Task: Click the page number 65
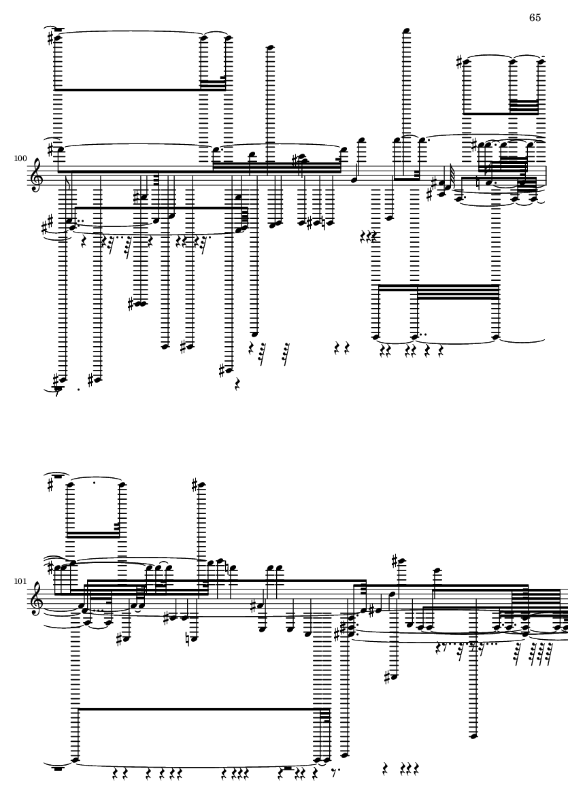535,18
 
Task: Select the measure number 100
20,158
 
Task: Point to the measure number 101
20,581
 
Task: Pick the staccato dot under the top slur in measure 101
95,483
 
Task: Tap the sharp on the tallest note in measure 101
195,482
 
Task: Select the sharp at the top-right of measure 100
460,63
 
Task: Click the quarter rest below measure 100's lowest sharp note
237,383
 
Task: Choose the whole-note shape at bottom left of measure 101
59,768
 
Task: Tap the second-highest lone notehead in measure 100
270,48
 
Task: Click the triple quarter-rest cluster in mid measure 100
374,236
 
